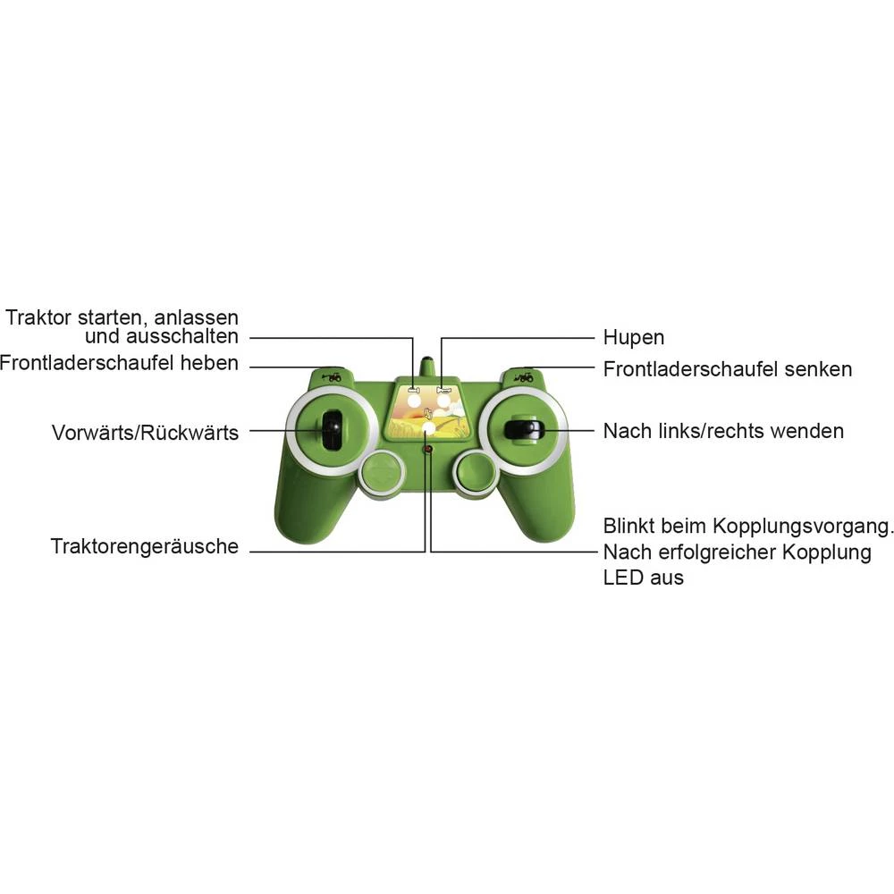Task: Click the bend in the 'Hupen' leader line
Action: click(x=442, y=338)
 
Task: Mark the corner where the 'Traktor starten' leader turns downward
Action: click(x=413, y=338)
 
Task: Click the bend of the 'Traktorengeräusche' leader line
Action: click(x=425, y=552)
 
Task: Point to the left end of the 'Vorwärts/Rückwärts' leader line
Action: click(x=250, y=431)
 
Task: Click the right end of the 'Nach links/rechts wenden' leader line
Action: click(x=595, y=431)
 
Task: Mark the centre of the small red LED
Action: click(x=428, y=450)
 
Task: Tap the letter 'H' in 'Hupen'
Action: click(x=610, y=337)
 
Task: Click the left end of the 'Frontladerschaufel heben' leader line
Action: click(x=250, y=367)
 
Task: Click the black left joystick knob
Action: click(x=331, y=430)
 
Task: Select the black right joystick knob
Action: click(x=523, y=429)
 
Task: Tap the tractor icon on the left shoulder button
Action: click(x=332, y=376)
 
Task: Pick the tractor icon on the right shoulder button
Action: click(x=523, y=376)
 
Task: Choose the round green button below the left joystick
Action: click(x=381, y=473)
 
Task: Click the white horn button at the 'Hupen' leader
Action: click(x=443, y=401)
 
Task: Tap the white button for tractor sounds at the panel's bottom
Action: click(x=428, y=427)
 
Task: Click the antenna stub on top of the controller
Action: click(x=426, y=367)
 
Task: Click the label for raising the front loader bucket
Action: click(x=119, y=363)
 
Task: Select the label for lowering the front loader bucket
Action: click(x=728, y=369)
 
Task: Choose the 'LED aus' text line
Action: click(x=643, y=578)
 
